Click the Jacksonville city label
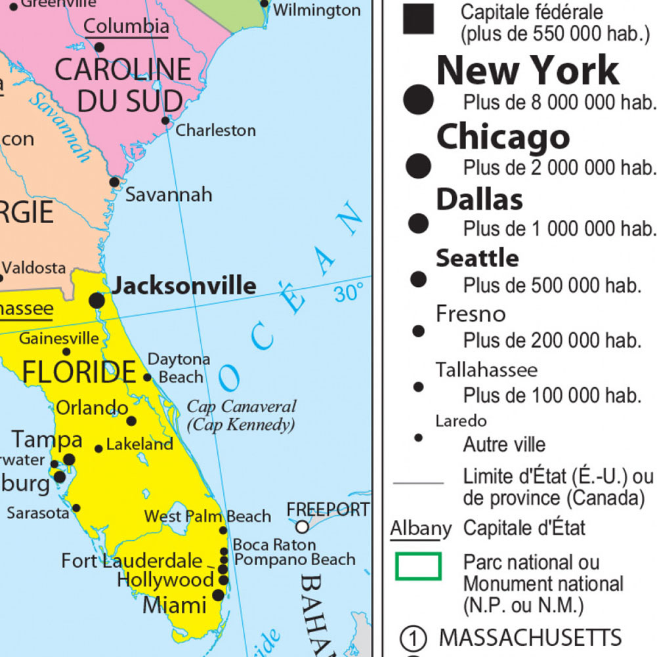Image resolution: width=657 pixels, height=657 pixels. tap(184, 286)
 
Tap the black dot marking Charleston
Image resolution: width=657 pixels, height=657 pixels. tap(166, 121)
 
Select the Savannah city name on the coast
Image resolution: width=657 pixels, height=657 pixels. tap(169, 194)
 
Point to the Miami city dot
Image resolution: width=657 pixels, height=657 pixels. tap(219, 595)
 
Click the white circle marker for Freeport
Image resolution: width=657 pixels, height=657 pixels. tap(302, 526)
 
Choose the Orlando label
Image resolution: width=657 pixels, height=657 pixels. tap(92, 407)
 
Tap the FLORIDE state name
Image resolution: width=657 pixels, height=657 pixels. tap(79, 372)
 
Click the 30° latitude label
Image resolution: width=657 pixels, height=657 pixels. tap(349, 293)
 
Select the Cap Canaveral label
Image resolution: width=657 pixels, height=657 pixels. tap(242, 406)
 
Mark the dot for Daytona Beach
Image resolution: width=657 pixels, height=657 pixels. tap(148, 377)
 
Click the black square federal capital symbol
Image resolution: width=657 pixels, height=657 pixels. tap(418, 19)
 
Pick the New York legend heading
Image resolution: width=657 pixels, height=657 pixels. tap(528, 70)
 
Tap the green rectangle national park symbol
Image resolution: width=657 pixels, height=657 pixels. tap(418, 566)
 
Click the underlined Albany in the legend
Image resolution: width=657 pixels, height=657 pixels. tap(421, 528)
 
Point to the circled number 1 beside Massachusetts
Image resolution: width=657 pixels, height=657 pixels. tap(413, 637)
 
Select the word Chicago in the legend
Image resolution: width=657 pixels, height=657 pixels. tap(503, 137)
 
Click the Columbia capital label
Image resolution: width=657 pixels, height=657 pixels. tap(127, 26)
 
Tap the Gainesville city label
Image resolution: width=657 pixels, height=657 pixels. tap(59, 339)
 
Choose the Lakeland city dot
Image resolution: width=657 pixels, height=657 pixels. tap(99, 449)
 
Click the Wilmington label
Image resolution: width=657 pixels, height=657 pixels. tap(316, 10)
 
